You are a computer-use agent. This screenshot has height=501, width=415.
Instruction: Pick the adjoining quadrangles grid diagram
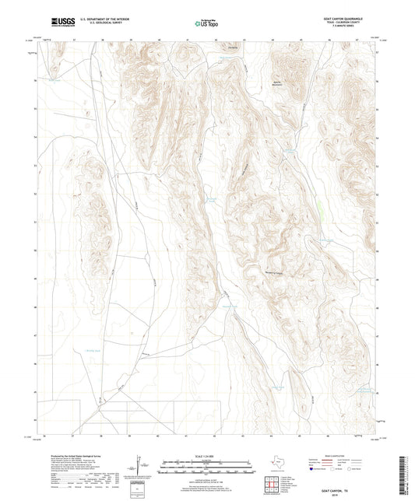(x=276, y=482)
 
